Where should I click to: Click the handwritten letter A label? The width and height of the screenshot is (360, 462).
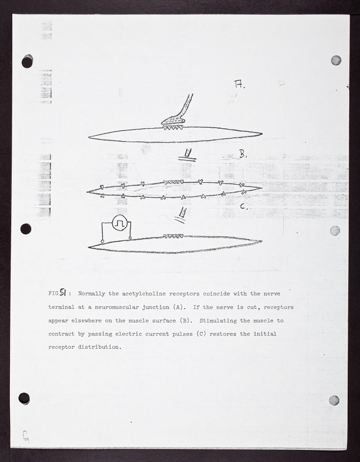click(239, 84)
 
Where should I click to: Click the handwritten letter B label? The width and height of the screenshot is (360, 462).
click(242, 154)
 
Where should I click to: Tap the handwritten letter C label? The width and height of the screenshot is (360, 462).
click(243, 206)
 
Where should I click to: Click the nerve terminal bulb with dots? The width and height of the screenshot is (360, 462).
click(173, 120)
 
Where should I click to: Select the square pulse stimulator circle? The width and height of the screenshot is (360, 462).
click(120, 223)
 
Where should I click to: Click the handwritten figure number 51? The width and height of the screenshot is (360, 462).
click(63, 292)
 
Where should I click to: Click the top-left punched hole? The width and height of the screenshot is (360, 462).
click(27, 61)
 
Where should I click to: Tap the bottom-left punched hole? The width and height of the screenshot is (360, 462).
click(24, 398)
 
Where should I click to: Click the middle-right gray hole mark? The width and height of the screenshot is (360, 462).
click(335, 230)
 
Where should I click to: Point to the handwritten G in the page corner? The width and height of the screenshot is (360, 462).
click(25, 436)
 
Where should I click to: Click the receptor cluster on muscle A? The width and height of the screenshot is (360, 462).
click(173, 127)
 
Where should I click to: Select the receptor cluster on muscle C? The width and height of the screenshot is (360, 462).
click(173, 236)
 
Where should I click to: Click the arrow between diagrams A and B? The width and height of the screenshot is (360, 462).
click(187, 155)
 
